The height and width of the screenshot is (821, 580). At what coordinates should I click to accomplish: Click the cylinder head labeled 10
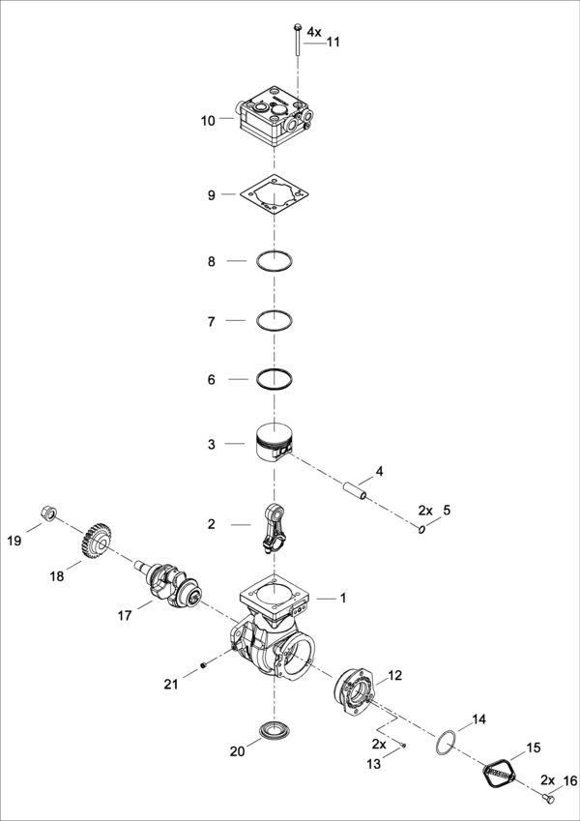(x=274, y=118)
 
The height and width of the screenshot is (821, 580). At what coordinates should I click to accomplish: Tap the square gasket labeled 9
(x=275, y=195)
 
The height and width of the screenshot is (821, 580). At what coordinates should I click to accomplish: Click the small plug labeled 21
(x=204, y=664)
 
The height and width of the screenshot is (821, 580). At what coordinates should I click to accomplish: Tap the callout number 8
(x=211, y=261)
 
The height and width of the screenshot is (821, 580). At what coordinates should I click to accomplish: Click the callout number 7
(x=211, y=320)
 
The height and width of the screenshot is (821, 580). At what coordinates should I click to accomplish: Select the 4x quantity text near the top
(x=314, y=32)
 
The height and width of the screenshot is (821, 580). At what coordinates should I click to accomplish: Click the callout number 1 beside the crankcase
(x=342, y=599)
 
